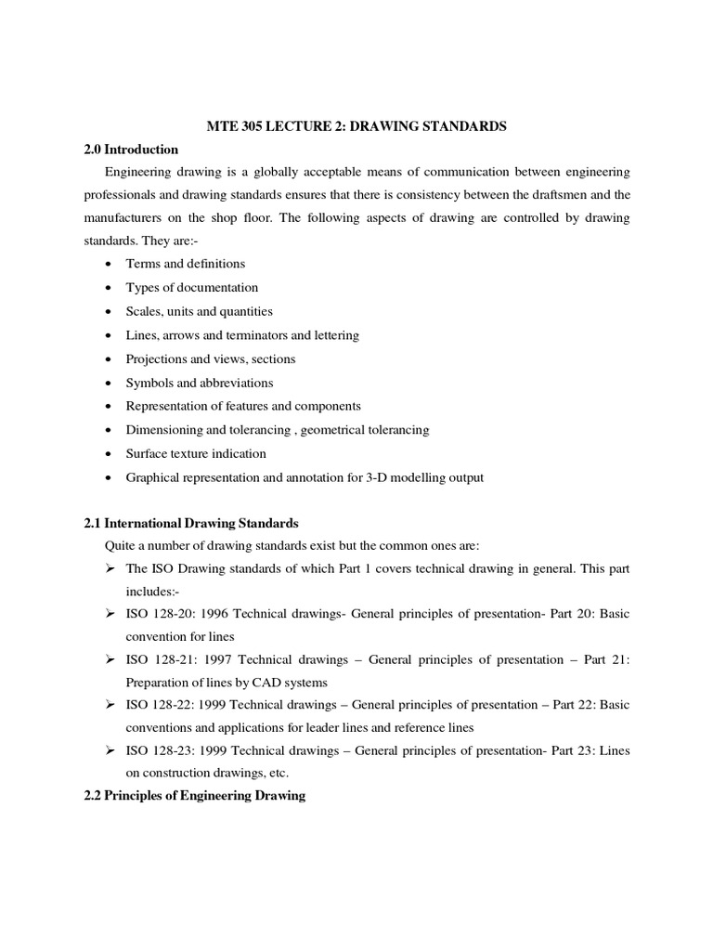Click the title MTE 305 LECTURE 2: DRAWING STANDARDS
point(356,126)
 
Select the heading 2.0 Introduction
point(131,149)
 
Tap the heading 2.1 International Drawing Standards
point(191,523)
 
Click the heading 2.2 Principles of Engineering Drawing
point(195,796)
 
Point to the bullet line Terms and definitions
point(186,264)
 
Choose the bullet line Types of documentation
point(192,288)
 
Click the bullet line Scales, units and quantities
point(200,311)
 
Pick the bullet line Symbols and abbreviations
point(200,383)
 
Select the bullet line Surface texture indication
point(196,453)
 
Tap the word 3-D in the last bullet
point(371,477)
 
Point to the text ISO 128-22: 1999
point(177,705)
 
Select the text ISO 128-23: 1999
point(177,750)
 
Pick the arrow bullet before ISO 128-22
point(109,705)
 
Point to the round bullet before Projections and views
point(109,359)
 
